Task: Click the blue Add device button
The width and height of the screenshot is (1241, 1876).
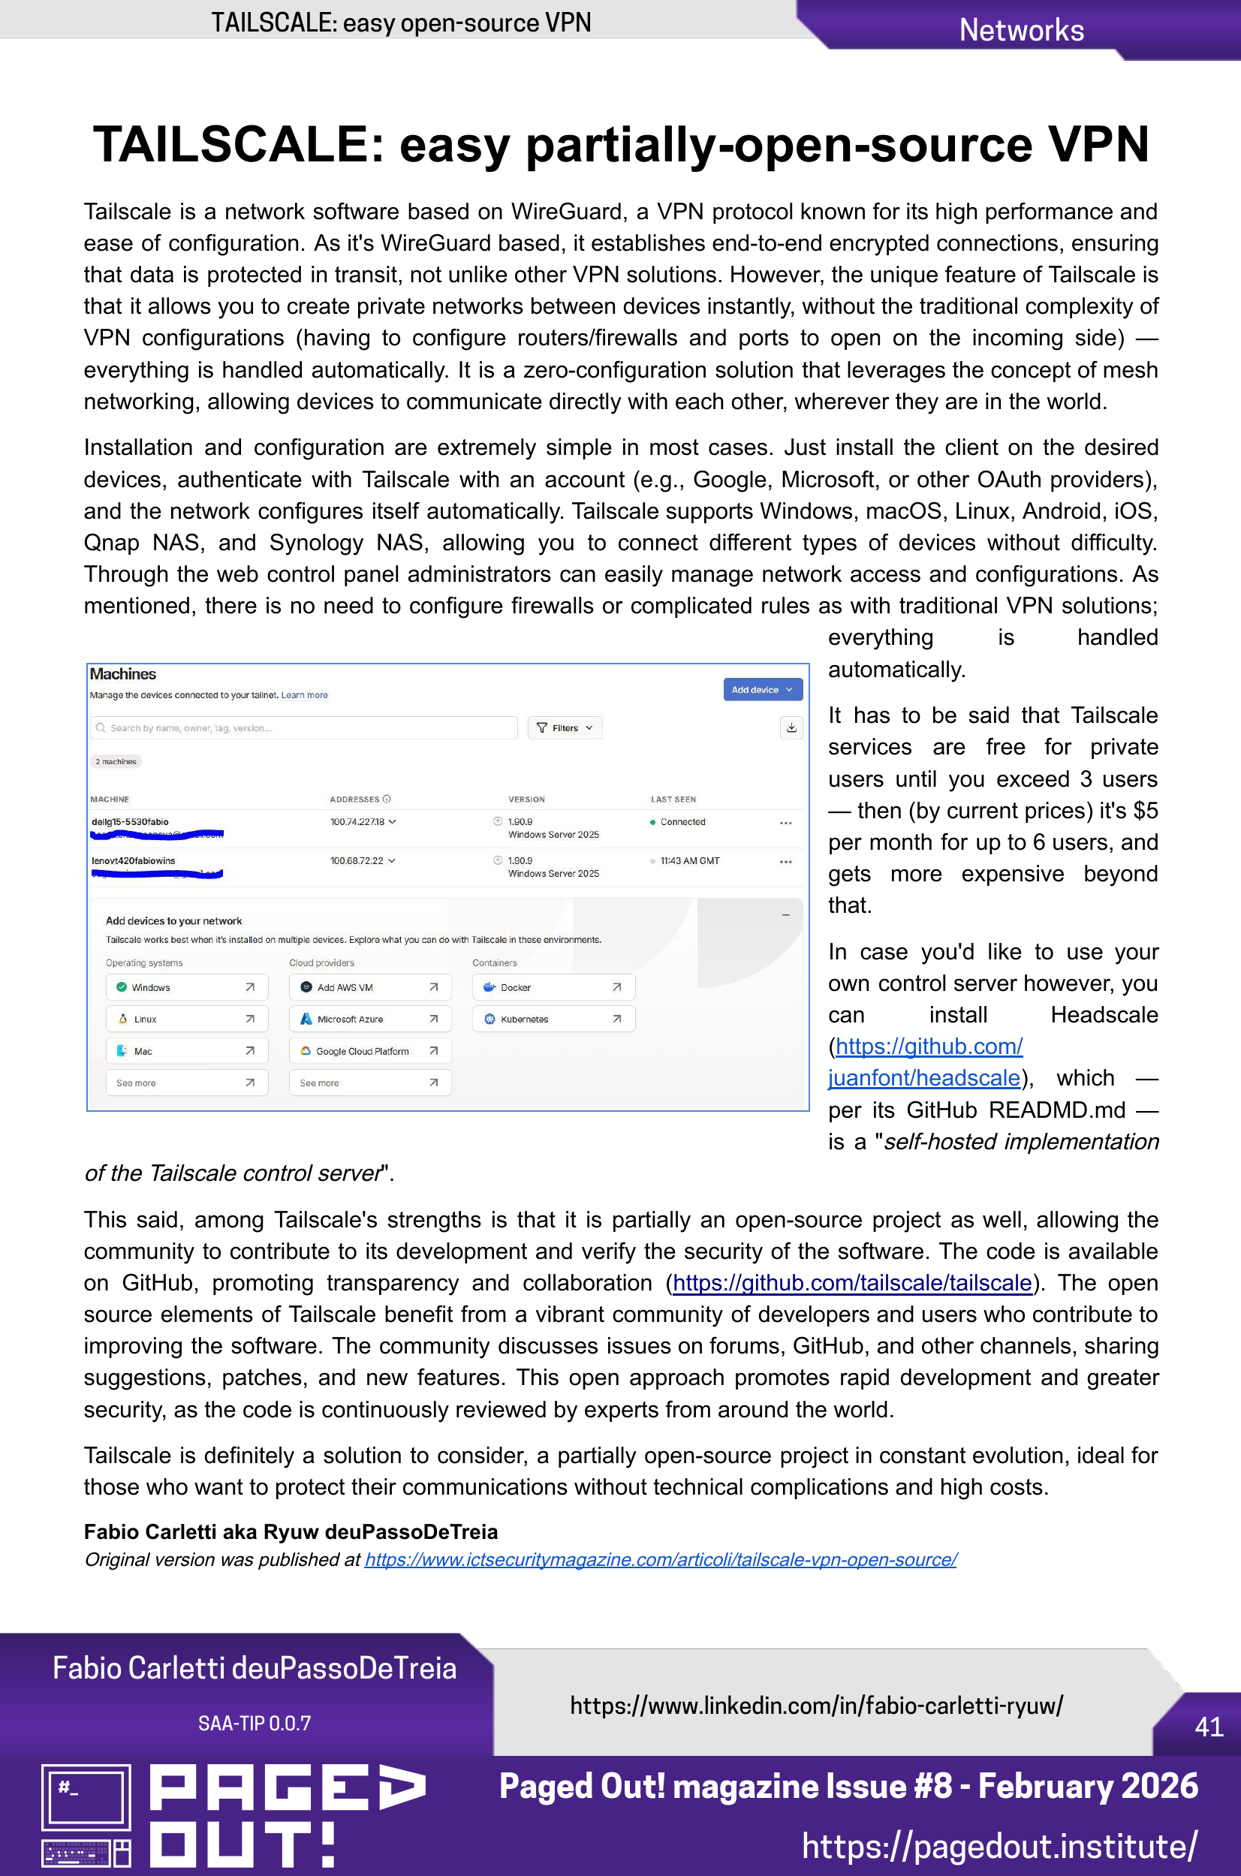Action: pos(762,689)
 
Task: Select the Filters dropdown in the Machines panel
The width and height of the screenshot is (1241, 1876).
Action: pos(565,728)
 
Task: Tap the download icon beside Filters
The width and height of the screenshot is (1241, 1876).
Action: pos(791,728)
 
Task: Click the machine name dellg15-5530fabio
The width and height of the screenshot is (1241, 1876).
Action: pos(131,821)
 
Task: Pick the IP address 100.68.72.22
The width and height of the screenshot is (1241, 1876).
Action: pos(357,860)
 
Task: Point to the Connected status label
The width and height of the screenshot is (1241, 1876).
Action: pos(682,822)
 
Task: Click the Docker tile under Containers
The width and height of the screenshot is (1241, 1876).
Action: pos(553,987)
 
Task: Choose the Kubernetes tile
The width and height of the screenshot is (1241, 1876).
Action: pos(553,1019)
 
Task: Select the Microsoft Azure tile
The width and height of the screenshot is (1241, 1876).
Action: pos(369,1019)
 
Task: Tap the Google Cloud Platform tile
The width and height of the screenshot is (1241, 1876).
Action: pos(369,1051)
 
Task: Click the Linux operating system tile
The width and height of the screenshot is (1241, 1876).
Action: pos(186,1019)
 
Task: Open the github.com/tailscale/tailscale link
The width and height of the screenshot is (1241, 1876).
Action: pos(851,1283)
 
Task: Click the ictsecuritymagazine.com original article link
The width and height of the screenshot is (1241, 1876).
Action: pos(660,1559)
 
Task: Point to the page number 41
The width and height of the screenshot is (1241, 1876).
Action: pos(1209,1727)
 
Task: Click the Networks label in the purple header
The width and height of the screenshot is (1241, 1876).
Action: pos(1021,30)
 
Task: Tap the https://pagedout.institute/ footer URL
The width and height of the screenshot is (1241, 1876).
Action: pos(999,1847)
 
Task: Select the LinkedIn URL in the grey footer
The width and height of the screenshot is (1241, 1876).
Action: pos(816,1705)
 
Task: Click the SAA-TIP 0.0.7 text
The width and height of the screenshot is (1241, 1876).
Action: pos(254,1724)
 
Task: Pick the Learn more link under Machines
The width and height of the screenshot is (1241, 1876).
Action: pos(305,695)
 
